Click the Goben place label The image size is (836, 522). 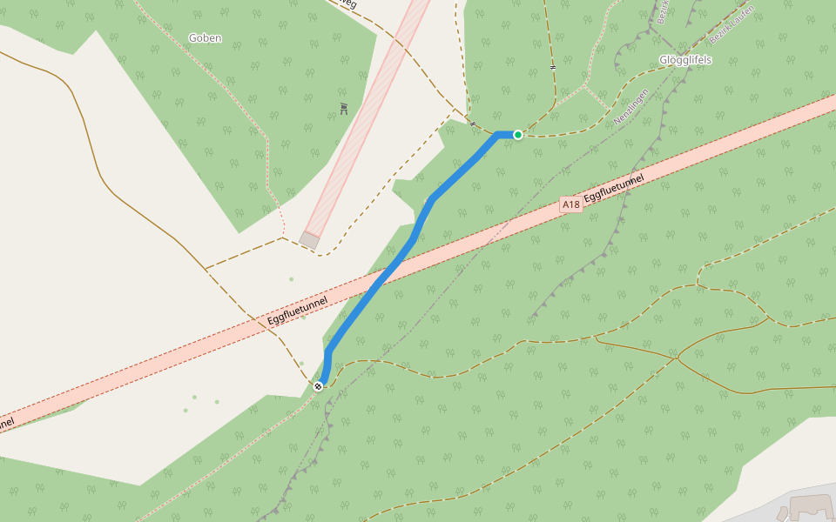[x=205, y=38]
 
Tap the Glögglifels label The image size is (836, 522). [x=685, y=60]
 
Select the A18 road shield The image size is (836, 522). [x=570, y=204]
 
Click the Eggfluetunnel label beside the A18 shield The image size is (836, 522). [x=615, y=189]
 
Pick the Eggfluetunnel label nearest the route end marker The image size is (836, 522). [x=298, y=311]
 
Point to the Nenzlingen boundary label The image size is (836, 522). [x=631, y=107]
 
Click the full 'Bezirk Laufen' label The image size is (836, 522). [x=731, y=25]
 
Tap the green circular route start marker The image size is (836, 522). [x=518, y=135]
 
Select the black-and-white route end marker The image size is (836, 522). [x=319, y=385]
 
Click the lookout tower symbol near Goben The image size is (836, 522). [x=344, y=109]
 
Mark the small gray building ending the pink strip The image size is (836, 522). [x=309, y=239]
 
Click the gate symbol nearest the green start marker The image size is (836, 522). [x=473, y=124]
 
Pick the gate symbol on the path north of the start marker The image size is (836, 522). [x=553, y=66]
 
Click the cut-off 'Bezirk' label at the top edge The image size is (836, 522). [x=661, y=12]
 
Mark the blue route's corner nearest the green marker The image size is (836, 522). [x=497, y=135]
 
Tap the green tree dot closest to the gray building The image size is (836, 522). [x=291, y=279]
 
